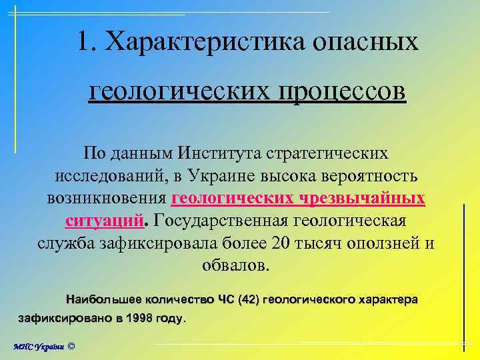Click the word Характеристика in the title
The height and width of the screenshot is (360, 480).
(x=201, y=42)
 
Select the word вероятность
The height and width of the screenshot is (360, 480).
(x=365, y=176)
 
